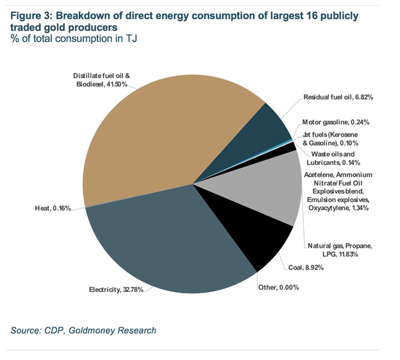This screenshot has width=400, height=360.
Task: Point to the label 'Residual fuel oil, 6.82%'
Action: pyautogui.click(x=338, y=97)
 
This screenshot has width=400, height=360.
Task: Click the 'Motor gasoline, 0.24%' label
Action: pyautogui.click(x=337, y=122)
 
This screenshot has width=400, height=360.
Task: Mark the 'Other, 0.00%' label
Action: pyautogui.click(x=278, y=287)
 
